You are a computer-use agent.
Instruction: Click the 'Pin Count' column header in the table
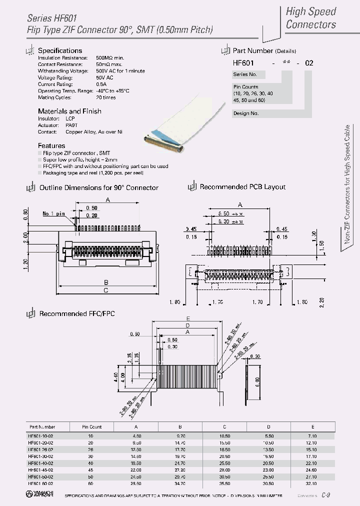(92, 426)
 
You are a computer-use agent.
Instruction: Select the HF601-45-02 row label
(42, 469)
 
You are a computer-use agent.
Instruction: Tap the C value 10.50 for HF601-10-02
(224, 435)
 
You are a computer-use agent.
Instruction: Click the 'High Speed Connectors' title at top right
(310, 18)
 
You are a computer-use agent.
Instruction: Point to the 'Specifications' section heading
(60, 50)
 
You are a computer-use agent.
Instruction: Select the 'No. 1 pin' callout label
(53, 213)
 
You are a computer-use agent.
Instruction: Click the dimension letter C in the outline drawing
(106, 290)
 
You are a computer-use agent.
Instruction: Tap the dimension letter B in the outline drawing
(106, 282)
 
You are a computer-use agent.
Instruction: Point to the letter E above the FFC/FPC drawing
(187, 318)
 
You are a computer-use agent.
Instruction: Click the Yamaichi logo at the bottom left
(40, 494)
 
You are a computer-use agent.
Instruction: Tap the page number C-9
(325, 494)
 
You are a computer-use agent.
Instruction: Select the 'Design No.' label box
(246, 113)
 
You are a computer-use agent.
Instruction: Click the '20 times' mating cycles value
(105, 97)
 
